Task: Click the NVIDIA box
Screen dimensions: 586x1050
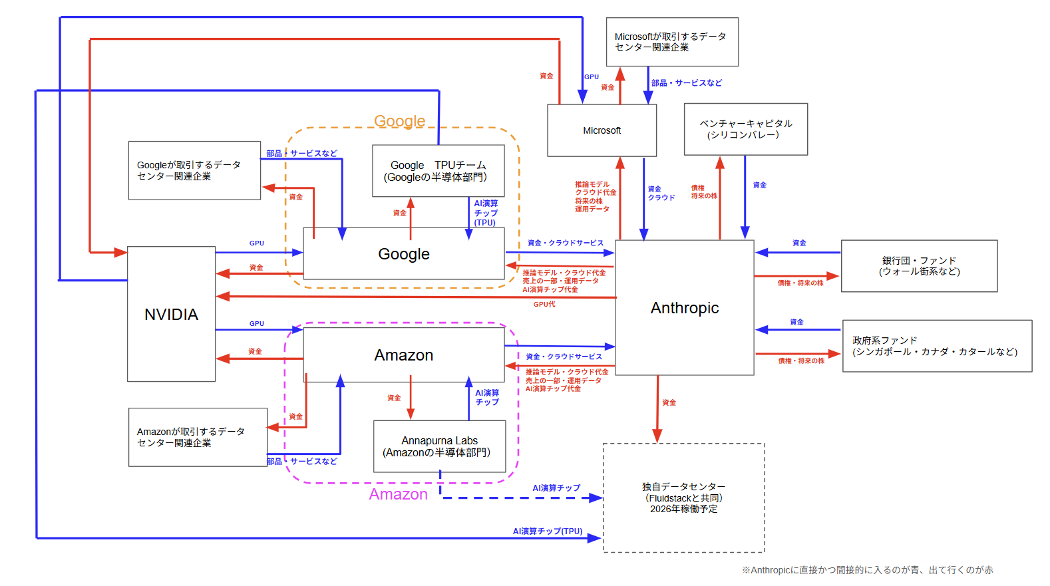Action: tap(171, 314)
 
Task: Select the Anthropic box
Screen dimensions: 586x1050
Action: tap(684, 308)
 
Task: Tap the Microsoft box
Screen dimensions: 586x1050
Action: tap(602, 130)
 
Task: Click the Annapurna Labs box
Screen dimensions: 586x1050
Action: tap(439, 446)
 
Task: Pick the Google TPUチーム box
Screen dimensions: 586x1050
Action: tap(438, 171)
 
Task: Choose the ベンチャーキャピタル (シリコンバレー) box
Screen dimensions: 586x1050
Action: tap(745, 129)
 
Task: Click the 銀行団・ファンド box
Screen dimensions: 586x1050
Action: tap(919, 266)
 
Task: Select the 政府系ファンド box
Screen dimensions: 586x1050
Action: tap(936, 346)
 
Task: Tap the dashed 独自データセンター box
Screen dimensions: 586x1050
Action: tap(683, 498)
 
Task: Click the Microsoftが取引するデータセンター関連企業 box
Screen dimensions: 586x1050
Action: tap(671, 42)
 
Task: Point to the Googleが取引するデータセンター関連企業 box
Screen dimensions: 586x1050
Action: tap(194, 170)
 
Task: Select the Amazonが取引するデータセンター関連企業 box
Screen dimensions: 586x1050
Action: tap(197, 437)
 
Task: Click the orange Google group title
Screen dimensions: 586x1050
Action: tap(399, 121)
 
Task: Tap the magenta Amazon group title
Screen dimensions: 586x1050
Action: tap(398, 494)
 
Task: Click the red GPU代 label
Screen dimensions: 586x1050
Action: tap(544, 304)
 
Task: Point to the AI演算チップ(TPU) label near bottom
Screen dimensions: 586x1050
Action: tap(547, 531)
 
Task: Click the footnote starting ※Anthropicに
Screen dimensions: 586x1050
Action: tap(867, 570)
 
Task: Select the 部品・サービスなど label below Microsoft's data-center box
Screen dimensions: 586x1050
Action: tap(686, 83)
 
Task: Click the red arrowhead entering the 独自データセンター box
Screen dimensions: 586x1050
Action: tap(657, 436)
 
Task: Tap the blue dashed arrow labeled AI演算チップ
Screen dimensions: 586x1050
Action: tap(519, 498)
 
